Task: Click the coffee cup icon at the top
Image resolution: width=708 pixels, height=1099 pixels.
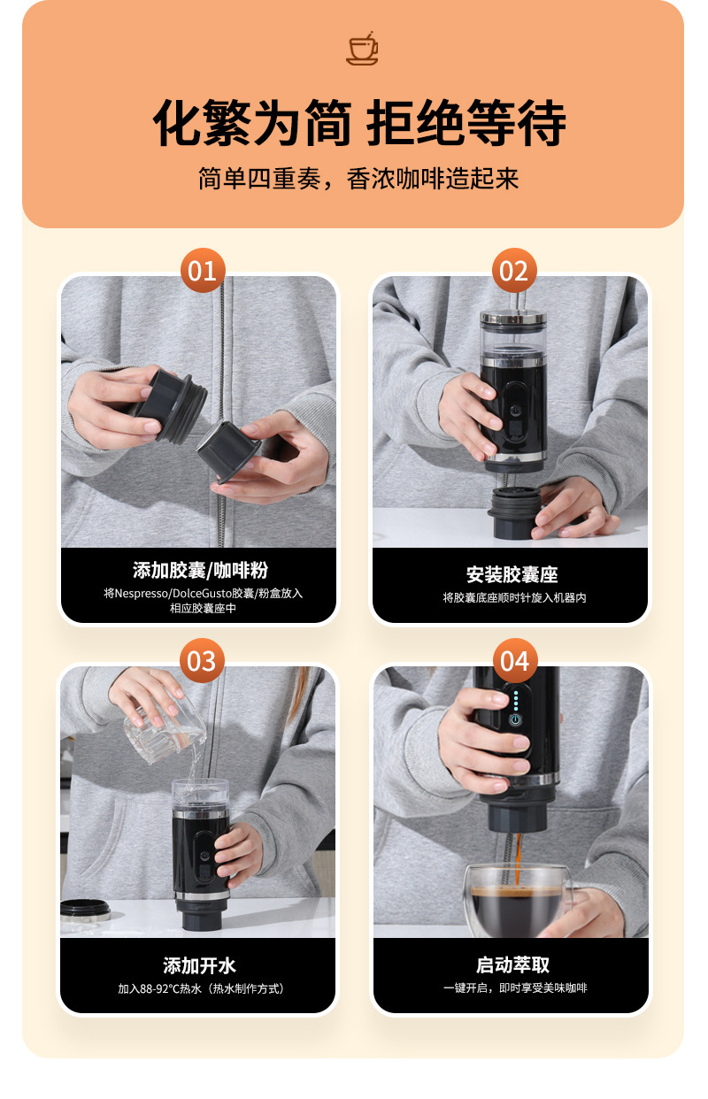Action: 362,48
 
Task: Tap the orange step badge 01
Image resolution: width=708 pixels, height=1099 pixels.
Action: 202,271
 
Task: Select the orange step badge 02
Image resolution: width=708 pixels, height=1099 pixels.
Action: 513,271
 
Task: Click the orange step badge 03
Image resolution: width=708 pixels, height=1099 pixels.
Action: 202,660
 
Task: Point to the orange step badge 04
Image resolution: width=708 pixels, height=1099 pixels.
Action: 515,660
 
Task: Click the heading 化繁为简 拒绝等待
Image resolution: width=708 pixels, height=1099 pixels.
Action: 359,123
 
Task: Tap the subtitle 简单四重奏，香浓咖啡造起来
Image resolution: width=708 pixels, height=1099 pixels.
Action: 358,179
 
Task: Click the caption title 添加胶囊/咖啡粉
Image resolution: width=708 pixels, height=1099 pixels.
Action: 200,570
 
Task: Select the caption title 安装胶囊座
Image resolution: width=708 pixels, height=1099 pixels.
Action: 512,574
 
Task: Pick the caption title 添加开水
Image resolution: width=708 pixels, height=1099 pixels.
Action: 199,965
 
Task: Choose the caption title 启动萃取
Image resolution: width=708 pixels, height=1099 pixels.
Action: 512,965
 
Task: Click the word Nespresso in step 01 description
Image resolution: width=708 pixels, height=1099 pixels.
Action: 142,593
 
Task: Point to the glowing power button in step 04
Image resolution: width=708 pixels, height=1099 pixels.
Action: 515,719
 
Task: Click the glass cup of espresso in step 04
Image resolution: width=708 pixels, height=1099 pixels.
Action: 518,900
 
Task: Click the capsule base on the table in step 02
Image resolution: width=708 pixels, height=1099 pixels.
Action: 513,511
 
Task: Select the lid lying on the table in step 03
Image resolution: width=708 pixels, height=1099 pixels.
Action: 85,910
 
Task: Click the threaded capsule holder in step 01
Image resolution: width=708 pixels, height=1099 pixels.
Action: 169,405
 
